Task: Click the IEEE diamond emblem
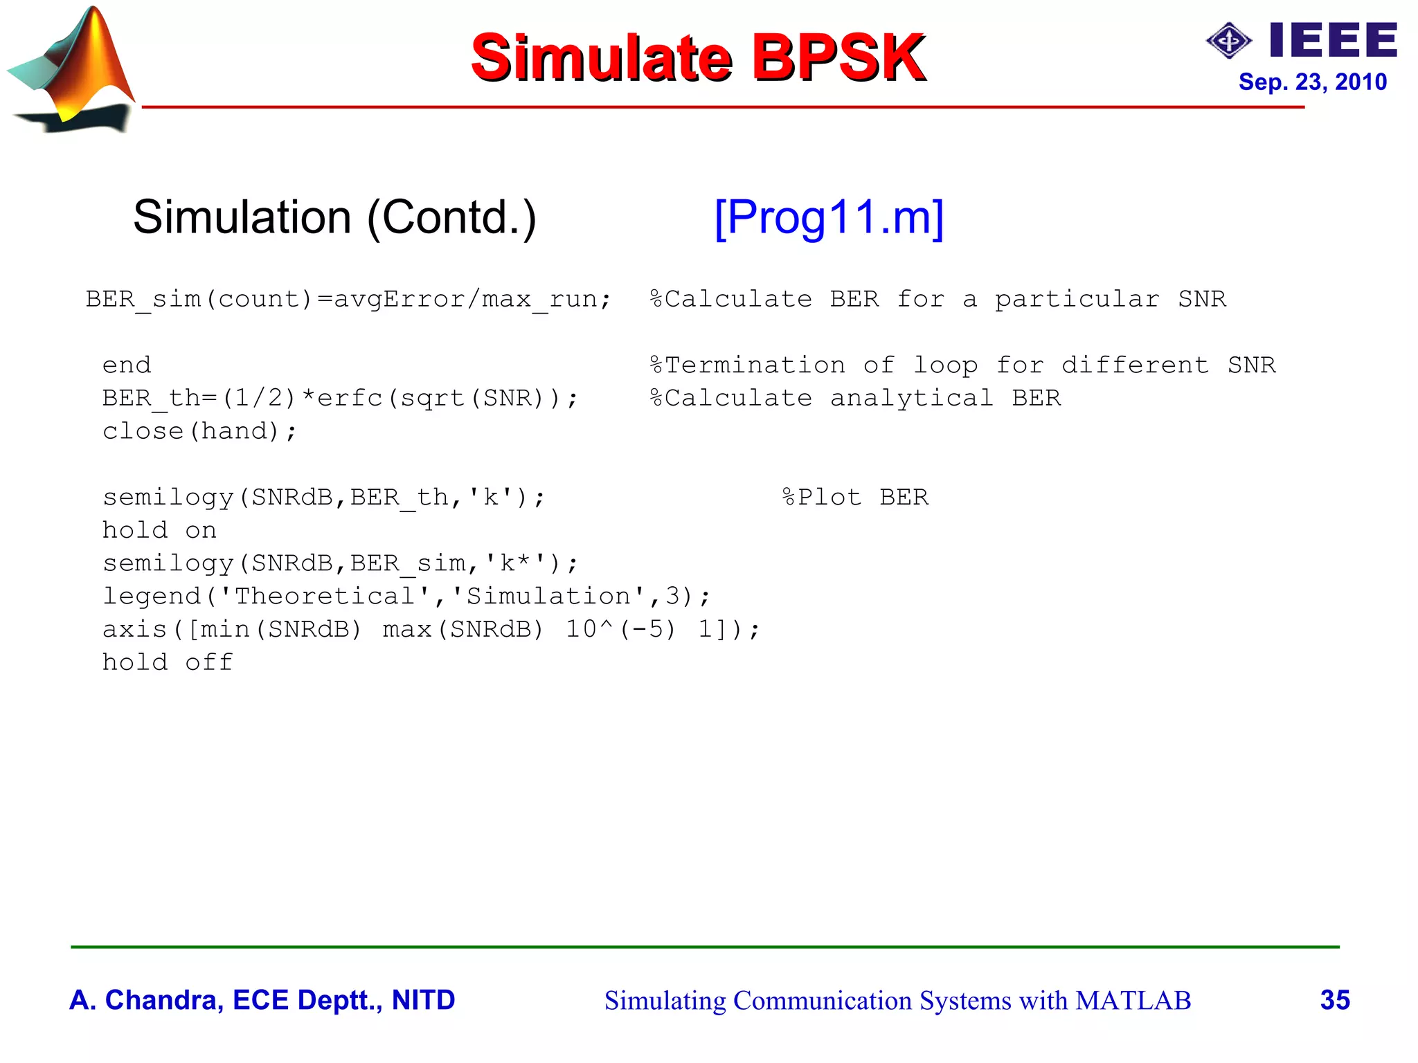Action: pyautogui.click(x=1228, y=41)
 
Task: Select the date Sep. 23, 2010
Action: pyautogui.click(x=1312, y=82)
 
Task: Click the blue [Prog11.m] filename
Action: pyautogui.click(x=829, y=217)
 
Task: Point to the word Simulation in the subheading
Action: pyautogui.click(x=242, y=217)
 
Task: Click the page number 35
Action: pyautogui.click(x=1335, y=1000)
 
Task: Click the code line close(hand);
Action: pyautogui.click(x=200, y=431)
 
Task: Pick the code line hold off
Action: pyautogui.click(x=168, y=662)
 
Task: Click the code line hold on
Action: pyautogui.click(x=159, y=530)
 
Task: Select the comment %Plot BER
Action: pyautogui.click(x=855, y=497)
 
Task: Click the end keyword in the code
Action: pyautogui.click(x=127, y=365)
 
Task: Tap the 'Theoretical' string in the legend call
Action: pyautogui.click(x=325, y=596)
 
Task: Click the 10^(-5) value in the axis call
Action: pyautogui.click(x=620, y=629)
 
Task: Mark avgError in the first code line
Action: pyautogui.click(x=400, y=299)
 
